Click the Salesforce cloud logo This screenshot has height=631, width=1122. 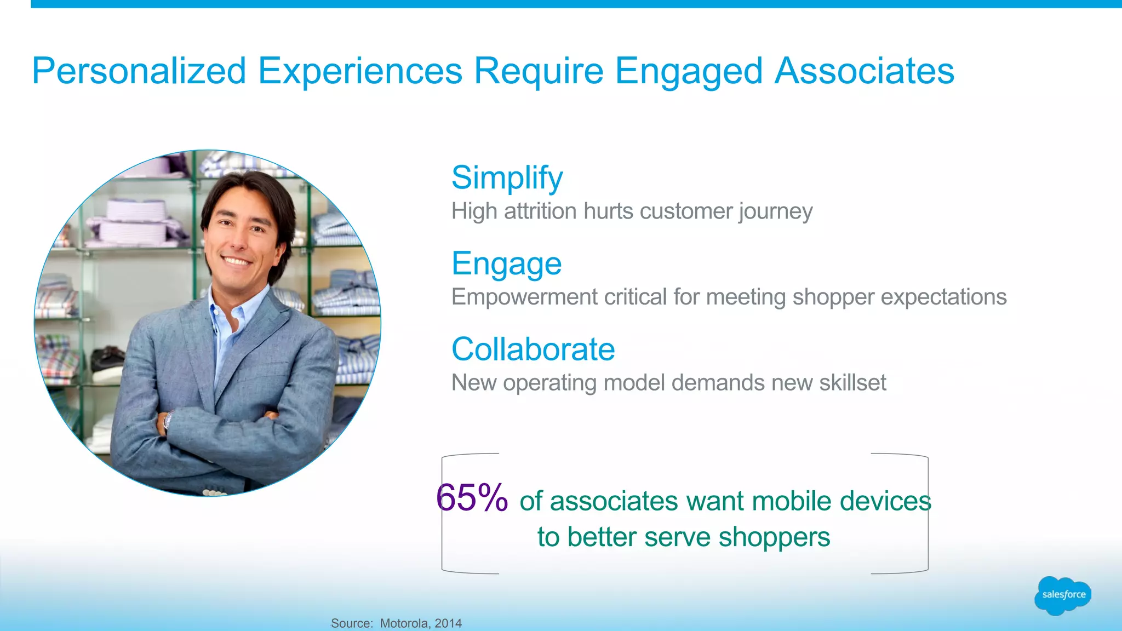pos(1062,595)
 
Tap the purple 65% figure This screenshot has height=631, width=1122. pos(472,498)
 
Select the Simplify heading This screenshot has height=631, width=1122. pos(507,178)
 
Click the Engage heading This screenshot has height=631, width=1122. pos(506,264)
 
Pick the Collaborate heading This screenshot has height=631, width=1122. pos(533,349)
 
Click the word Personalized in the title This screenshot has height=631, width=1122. pos(139,71)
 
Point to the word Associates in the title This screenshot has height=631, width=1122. pos(864,71)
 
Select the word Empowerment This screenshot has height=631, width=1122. pos(524,297)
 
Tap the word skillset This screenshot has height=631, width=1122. pos(852,383)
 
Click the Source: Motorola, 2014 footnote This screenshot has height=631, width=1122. pos(396,623)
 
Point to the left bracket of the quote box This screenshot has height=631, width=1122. pos(443,514)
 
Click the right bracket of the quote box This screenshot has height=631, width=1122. pos(927,514)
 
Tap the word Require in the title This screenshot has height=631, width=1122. pos(539,71)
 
